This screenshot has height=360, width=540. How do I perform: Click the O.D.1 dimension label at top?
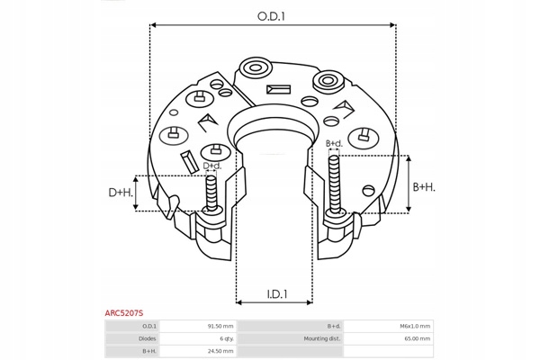point(271,16)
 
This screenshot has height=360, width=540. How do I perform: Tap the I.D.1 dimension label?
point(277,294)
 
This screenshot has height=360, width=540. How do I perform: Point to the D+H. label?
point(121,193)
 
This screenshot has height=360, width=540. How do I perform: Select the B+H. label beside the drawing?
point(424,187)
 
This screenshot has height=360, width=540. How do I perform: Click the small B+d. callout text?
point(334,143)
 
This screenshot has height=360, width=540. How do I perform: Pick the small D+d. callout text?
point(212,166)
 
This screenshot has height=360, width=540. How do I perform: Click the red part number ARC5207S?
point(124,313)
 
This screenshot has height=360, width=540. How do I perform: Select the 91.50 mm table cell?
point(220,326)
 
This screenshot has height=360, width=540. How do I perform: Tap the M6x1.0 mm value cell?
point(415,326)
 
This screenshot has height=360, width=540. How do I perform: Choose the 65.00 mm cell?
point(418,338)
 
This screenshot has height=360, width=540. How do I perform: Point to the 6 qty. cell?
point(227,338)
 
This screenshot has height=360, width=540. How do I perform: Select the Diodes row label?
point(148,338)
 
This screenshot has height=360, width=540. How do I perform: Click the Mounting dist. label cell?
point(322,338)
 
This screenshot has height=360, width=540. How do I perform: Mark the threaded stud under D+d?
point(211,193)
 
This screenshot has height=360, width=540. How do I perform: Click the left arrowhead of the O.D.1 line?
point(154,25)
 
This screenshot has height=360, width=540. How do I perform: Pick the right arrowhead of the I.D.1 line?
point(310,302)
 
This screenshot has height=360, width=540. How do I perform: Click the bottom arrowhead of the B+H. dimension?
point(409,209)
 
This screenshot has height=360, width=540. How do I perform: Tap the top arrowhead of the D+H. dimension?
point(136,179)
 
